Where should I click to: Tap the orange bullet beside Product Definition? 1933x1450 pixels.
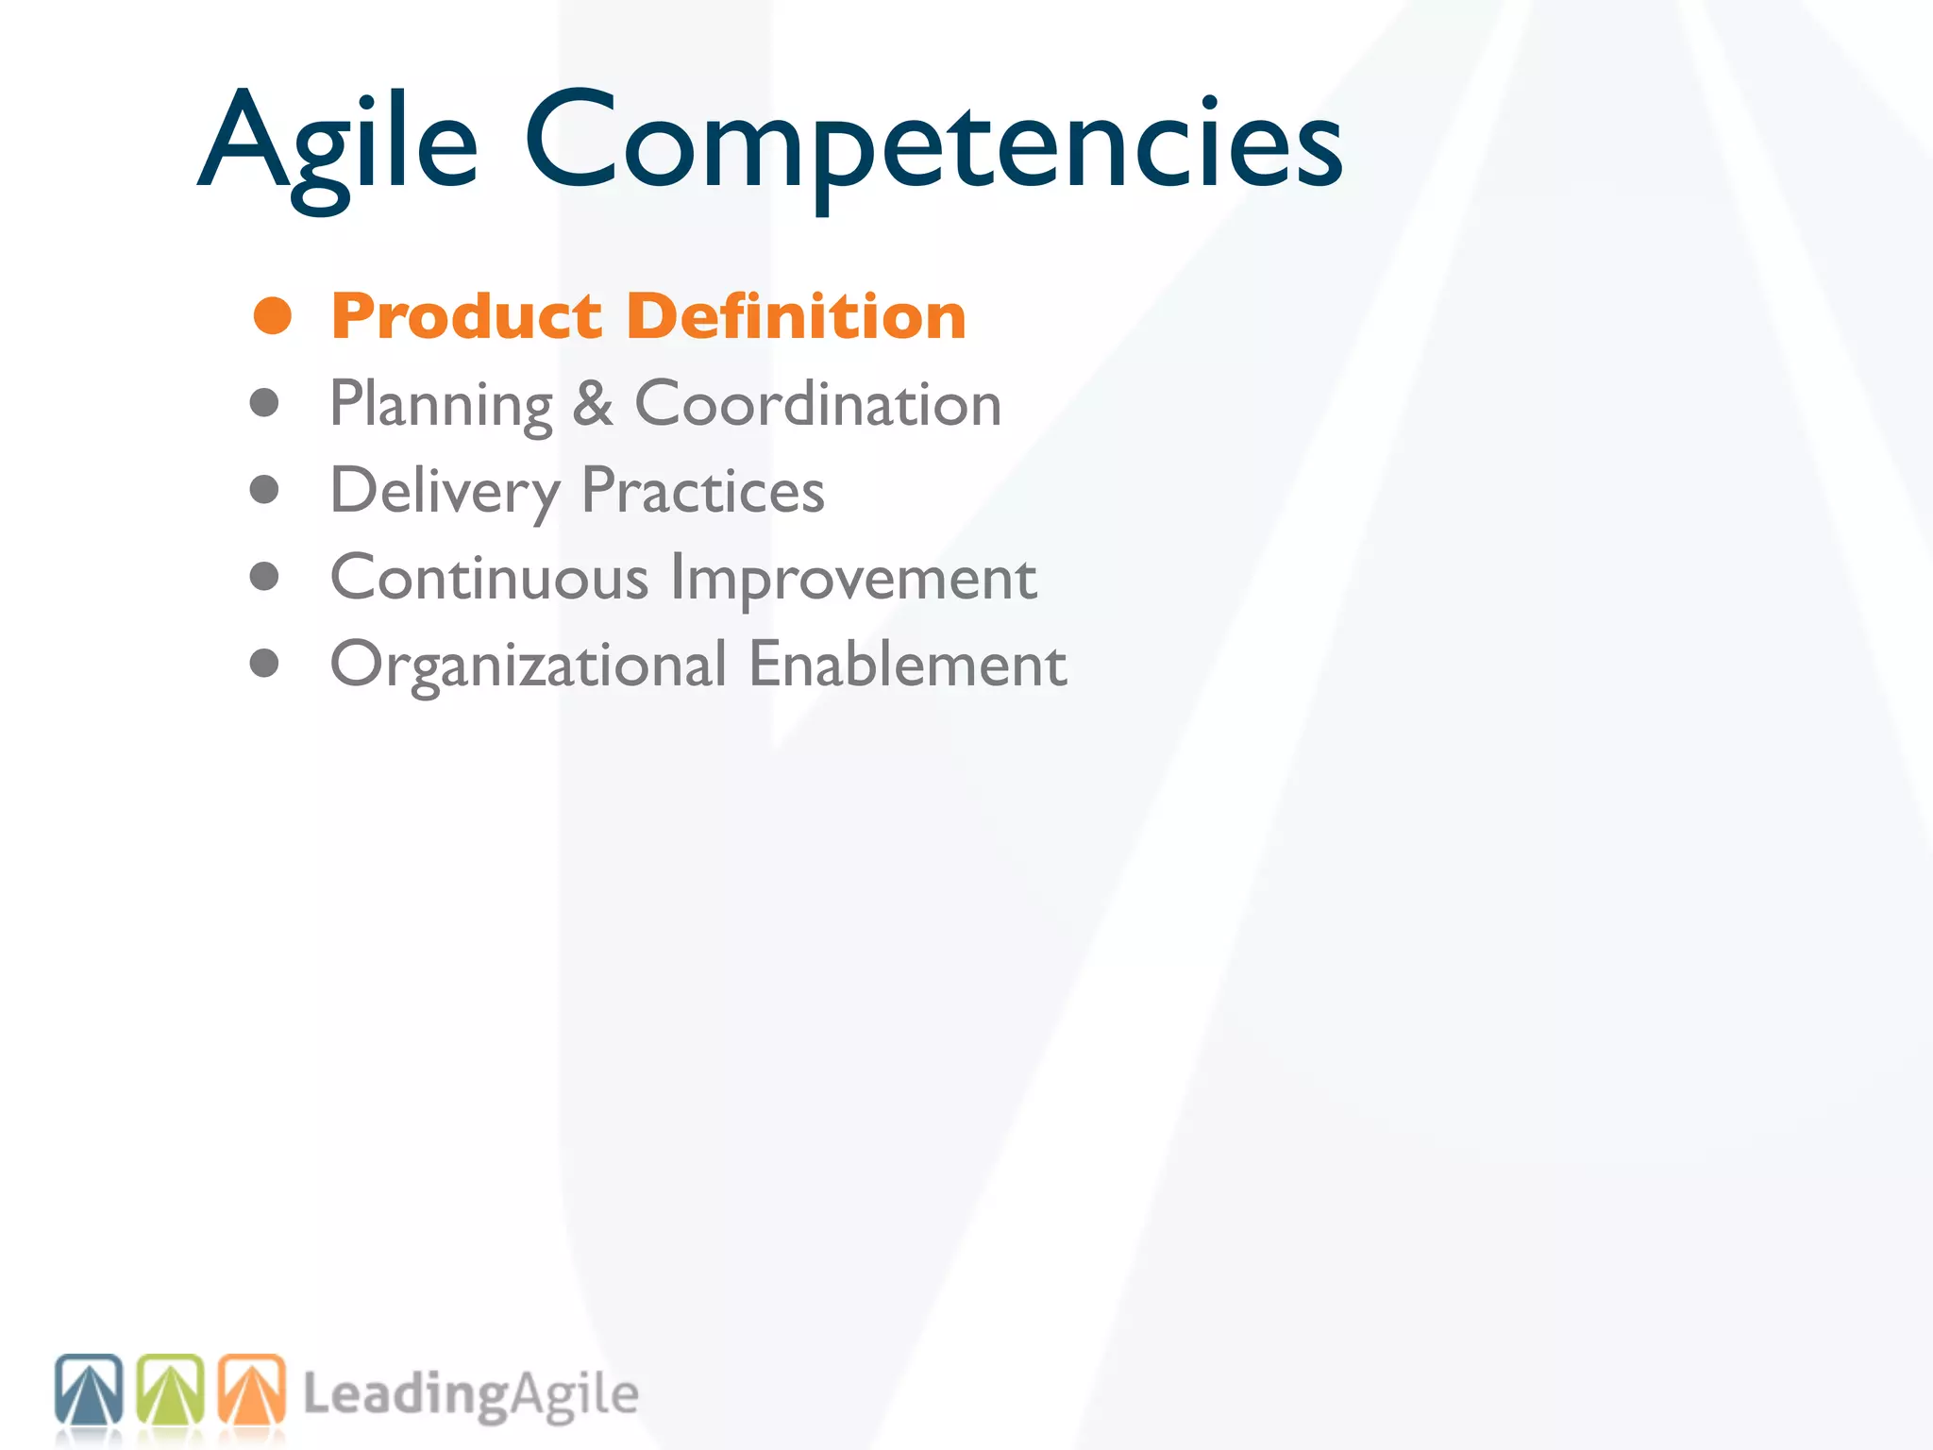tap(273, 315)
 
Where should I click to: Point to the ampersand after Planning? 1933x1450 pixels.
tap(593, 404)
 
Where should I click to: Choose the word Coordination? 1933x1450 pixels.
tap(817, 404)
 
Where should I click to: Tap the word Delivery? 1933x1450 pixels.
tap(445, 492)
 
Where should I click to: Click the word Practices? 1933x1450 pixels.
tap(702, 491)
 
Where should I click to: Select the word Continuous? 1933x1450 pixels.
tap(489, 578)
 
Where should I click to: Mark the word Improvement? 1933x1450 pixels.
tap(853, 579)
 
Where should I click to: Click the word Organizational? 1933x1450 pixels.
tap(528, 666)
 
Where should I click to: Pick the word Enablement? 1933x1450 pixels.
tap(907, 665)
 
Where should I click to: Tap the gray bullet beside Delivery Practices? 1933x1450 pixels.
tap(264, 489)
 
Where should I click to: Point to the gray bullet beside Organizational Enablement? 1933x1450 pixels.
tap(264, 663)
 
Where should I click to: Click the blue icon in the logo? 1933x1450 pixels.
tap(89, 1389)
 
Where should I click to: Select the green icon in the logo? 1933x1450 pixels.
tap(171, 1389)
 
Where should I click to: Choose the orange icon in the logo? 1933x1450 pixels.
tap(251, 1389)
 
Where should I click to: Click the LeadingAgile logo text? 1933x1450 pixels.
tap(470, 1395)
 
